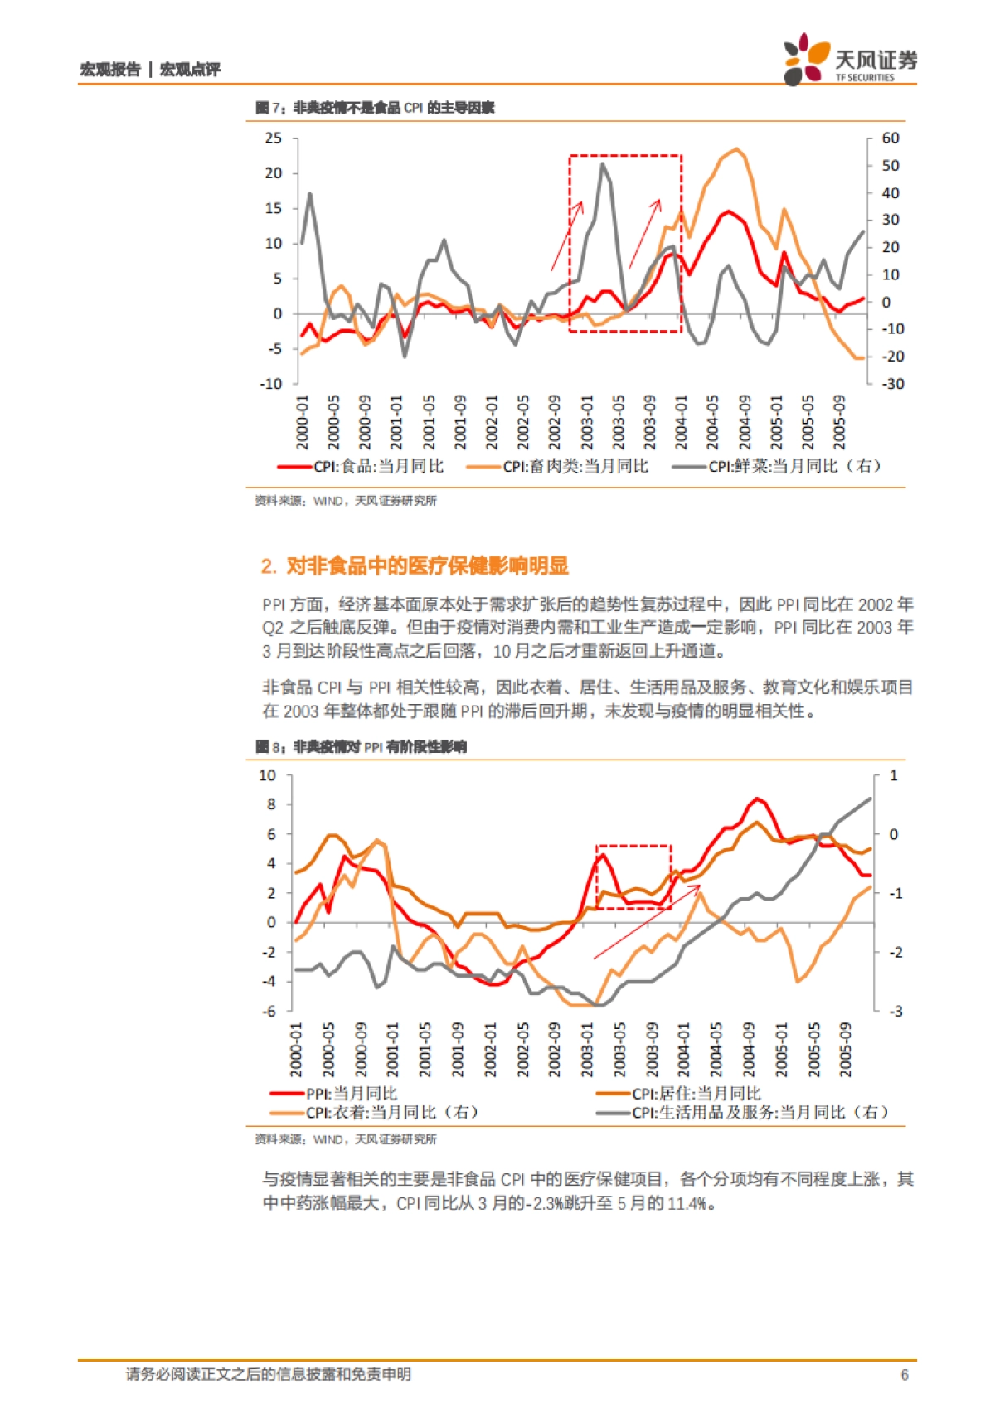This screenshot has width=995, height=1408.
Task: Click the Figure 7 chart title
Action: click(375, 108)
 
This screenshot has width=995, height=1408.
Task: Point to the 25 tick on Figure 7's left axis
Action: click(274, 138)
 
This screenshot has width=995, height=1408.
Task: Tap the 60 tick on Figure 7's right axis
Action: click(891, 138)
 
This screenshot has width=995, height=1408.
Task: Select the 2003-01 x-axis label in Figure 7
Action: click(587, 421)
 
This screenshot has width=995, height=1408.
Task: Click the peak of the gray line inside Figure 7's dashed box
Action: click(603, 164)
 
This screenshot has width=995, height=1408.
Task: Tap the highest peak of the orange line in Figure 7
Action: click(736, 149)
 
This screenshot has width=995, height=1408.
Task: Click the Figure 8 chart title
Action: click(361, 747)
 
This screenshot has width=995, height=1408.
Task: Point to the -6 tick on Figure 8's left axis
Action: click(269, 1011)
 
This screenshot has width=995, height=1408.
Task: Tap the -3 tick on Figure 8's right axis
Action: click(895, 1011)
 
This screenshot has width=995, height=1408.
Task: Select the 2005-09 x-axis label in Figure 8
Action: click(845, 1049)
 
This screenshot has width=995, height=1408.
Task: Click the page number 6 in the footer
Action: click(905, 1375)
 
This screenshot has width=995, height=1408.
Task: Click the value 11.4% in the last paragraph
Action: click(687, 1203)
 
